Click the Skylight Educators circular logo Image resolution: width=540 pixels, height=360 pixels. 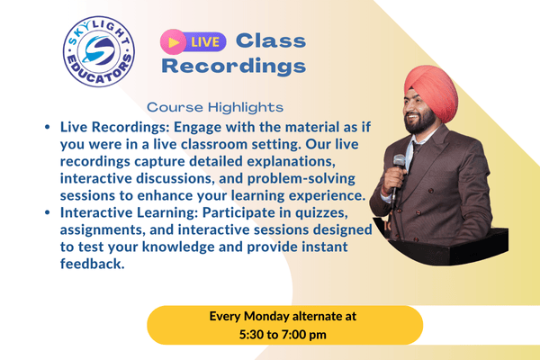pyautogui.click(x=100, y=55)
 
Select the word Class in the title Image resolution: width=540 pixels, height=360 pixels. pyautogui.click(x=270, y=40)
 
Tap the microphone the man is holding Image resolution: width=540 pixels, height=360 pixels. pyautogui.click(x=398, y=166)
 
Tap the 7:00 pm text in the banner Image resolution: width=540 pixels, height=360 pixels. pyautogui.click(x=309, y=335)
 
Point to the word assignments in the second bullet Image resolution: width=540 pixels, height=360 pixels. pyautogui.click(x=101, y=230)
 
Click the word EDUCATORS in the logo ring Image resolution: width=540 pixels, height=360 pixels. pyautogui.click(x=100, y=78)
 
